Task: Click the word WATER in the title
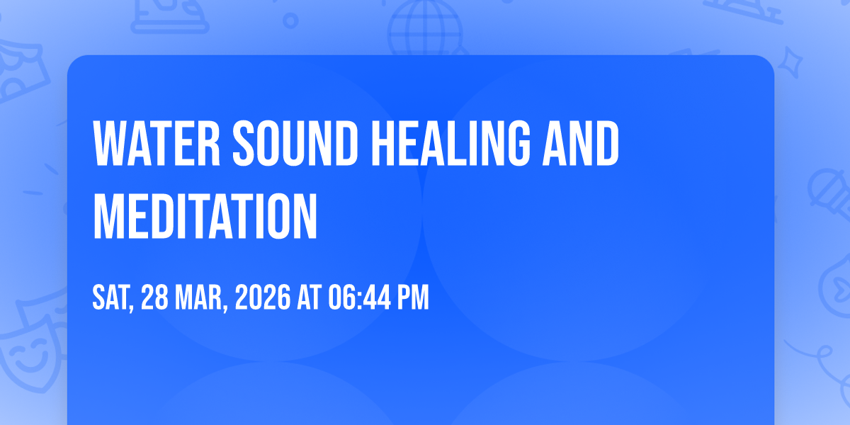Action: (157, 143)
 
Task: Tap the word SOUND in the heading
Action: (295, 143)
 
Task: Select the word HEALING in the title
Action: (450, 143)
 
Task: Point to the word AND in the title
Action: (581, 143)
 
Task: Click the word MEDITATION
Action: (205, 216)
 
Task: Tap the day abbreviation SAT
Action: (113, 298)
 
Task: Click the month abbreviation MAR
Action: (201, 298)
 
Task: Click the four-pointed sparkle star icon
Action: (790, 63)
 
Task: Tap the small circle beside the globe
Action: (290, 21)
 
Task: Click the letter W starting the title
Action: (108, 143)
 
